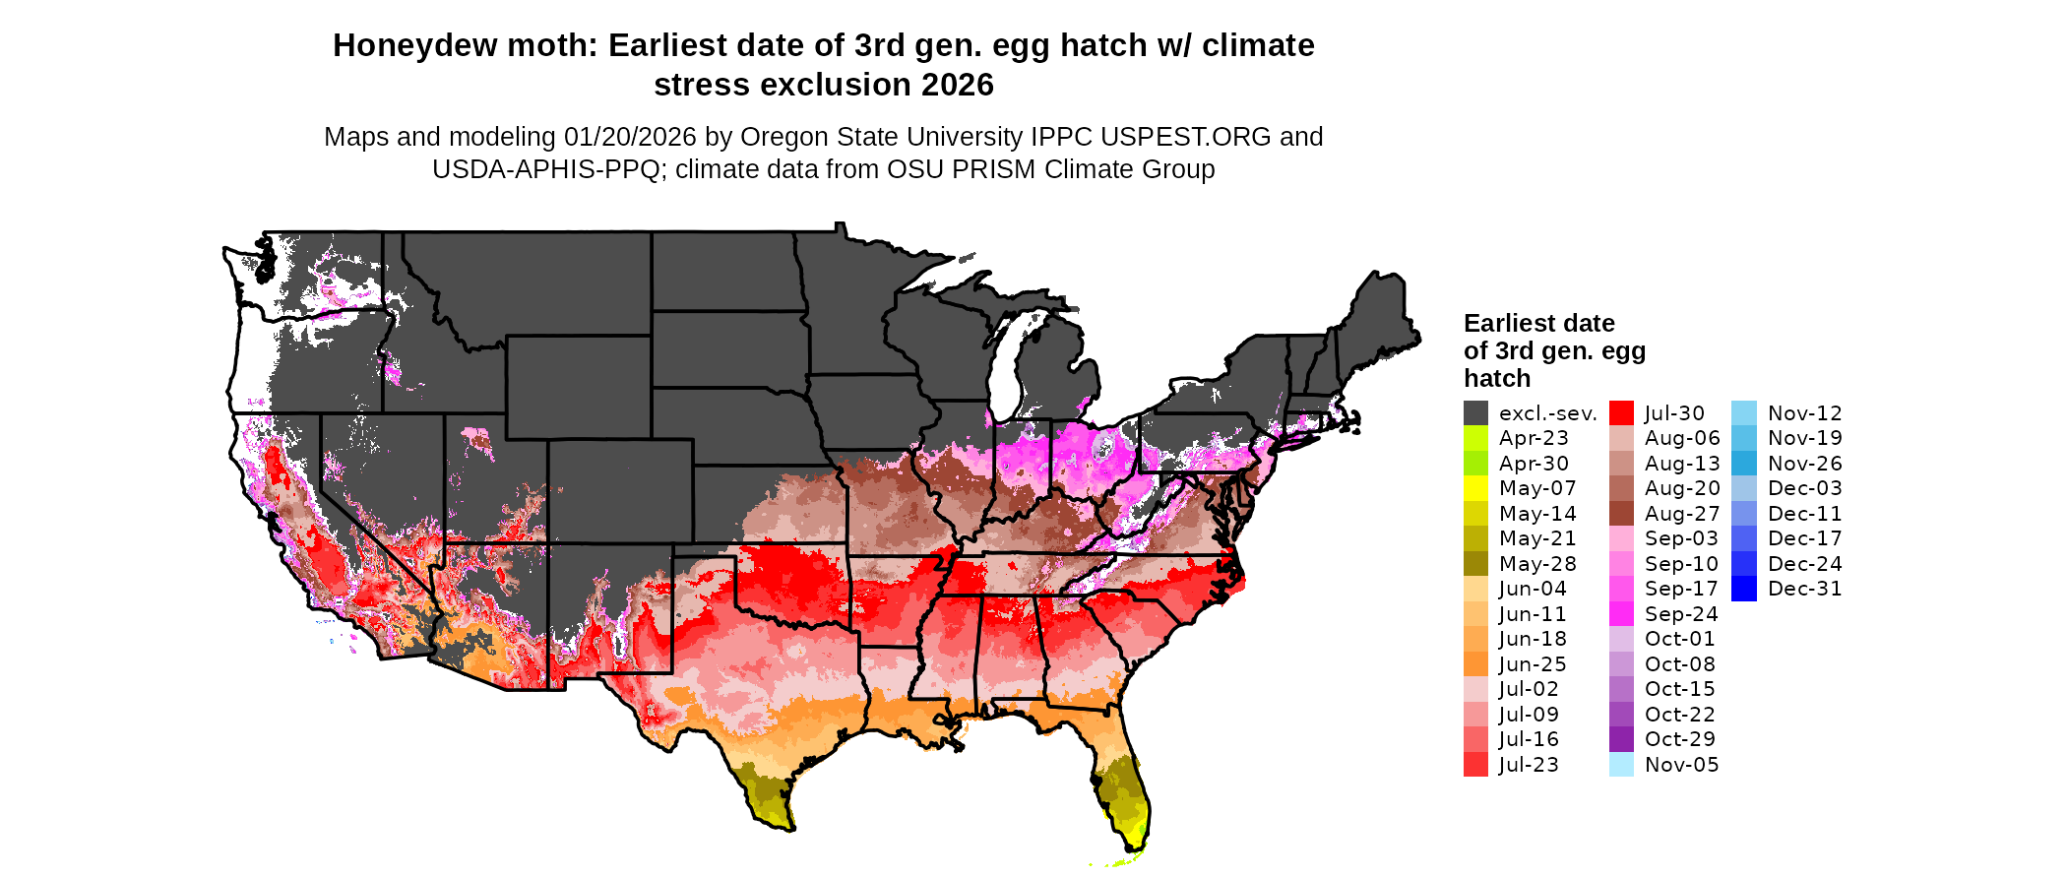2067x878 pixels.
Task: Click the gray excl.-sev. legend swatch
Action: pos(1475,413)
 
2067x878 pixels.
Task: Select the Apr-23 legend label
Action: pos(1534,438)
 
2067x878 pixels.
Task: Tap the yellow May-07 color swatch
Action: pos(1475,488)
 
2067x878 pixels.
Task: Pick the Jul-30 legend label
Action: pos(1674,413)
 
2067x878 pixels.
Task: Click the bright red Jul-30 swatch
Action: pos(1621,413)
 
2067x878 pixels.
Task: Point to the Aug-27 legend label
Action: pos(1682,514)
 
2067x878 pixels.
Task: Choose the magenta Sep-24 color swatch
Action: pos(1621,614)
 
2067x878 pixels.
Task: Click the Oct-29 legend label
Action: pos(1680,739)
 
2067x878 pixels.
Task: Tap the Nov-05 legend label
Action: pos(1682,765)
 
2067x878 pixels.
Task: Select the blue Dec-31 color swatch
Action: pos(1743,589)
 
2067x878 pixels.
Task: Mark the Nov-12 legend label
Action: pos(1805,413)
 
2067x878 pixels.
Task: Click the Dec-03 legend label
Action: pos(1805,488)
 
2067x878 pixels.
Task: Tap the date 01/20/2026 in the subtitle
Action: pos(630,137)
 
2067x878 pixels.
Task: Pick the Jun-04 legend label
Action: pos(1533,589)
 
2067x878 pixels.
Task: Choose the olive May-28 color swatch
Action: pos(1475,564)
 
